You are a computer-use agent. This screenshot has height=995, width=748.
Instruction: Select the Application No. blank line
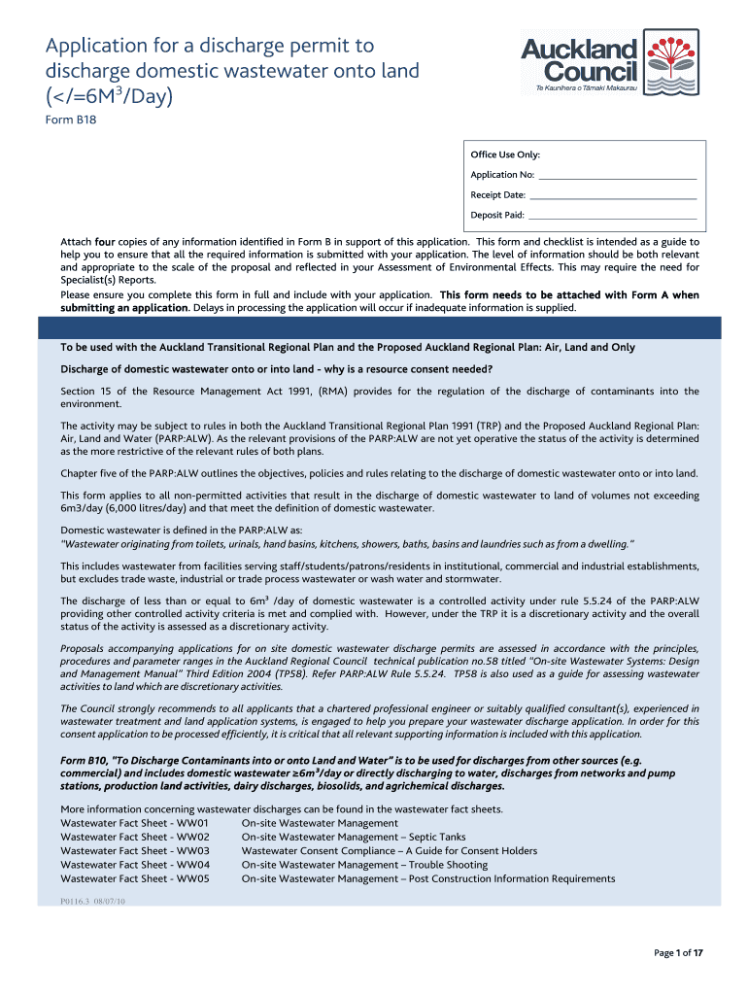pos(617,176)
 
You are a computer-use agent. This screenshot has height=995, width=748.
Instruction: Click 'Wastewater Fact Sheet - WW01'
pos(135,823)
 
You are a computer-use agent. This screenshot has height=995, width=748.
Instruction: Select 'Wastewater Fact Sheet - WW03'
pos(135,851)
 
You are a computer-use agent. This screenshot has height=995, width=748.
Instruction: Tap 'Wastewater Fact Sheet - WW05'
pos(135,878)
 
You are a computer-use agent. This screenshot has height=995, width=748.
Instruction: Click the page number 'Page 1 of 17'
pos(678,953)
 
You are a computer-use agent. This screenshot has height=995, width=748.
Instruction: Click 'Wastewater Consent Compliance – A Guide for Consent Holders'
pos(389,851)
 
